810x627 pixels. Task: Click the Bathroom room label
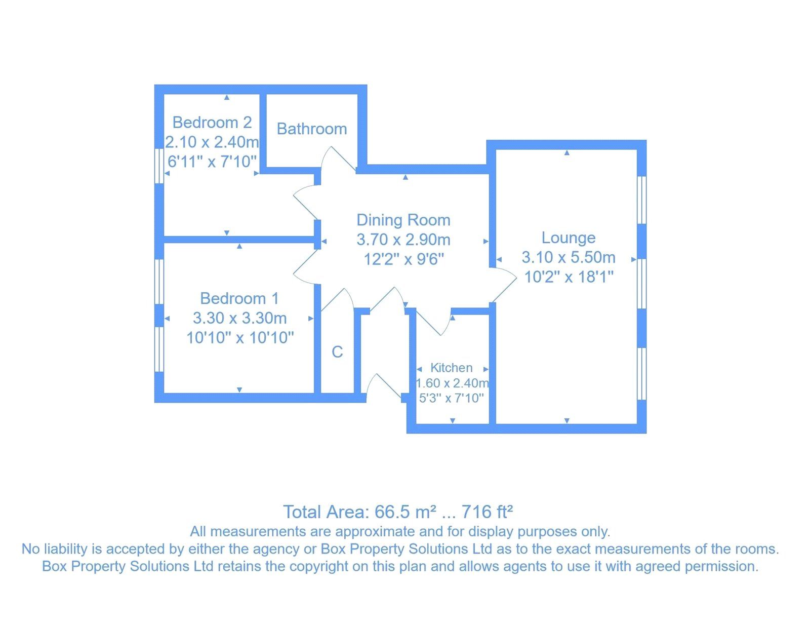coord(311,129)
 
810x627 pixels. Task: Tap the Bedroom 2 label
coord(212,123)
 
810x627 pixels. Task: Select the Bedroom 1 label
coord(239,298)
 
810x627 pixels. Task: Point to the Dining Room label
coord(403,220)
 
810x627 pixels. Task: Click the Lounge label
coord(568,238)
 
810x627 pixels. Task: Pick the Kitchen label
coord(451,368)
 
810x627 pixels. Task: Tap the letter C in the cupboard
coord(337,352)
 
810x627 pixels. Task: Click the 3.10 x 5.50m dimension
coord(568,257)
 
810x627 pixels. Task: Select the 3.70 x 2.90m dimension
coord(403,240)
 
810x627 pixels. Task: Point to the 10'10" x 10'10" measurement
coord(240,338)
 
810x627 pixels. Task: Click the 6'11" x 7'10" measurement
coord(212,162)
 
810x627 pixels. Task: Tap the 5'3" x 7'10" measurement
coord(451,398)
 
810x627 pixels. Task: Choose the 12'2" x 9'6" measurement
coord(403,259)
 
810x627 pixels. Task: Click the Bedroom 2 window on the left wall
coord(159,165)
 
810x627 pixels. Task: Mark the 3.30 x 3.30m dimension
coord(239,318)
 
